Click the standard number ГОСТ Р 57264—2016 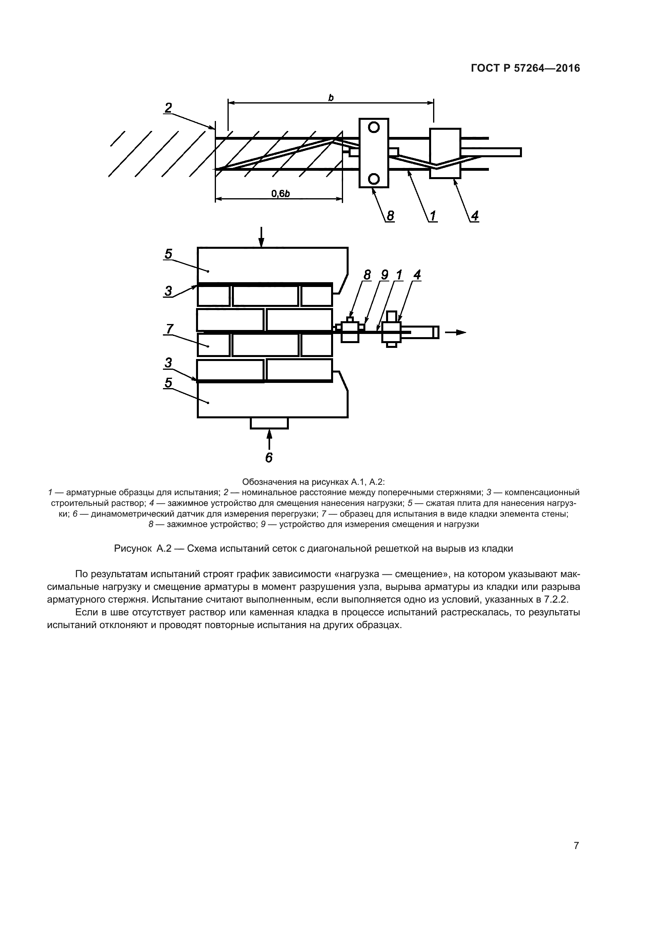pos(525,68)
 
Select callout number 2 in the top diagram pos(168,108)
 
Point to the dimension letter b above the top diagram pos(331,97)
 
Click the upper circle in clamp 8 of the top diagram pos(374,127)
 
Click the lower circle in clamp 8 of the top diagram pos(374,178)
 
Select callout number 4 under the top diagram pos(475,215)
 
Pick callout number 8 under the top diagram pos(390,215)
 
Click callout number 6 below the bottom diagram pos(269,457)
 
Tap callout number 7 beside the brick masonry pos(169,328)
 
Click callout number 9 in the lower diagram pos(384,275)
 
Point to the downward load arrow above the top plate pos(261,237)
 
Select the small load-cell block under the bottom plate pos(269,423)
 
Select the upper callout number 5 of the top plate pos(168,254)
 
